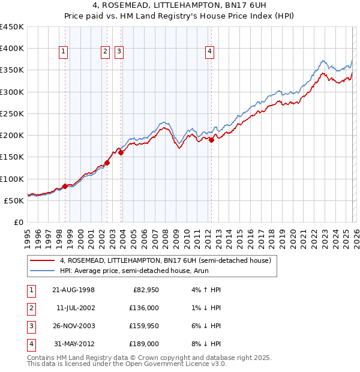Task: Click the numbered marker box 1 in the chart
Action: pyautogui.click(x=64, y=52)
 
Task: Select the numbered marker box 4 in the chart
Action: pyautogui.click(x=210, y=52)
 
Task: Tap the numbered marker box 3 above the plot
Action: pyautogui.click(x=119, y=52)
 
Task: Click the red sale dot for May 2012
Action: pyautogui.click(x=211, y=140)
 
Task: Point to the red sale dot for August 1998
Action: pyautogui.click(x=65, y=186)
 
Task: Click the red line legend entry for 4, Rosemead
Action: pyautogui.click(x=166, y=260)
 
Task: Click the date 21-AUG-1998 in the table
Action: pyautogui.click(x=73, y=290)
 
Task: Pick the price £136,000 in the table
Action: pyautogui.click(x=144, y=308)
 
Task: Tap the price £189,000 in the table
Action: pyautogui.click(x=144, y=344)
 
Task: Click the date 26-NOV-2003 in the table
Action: pyautogui.click(x=73, y=326)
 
